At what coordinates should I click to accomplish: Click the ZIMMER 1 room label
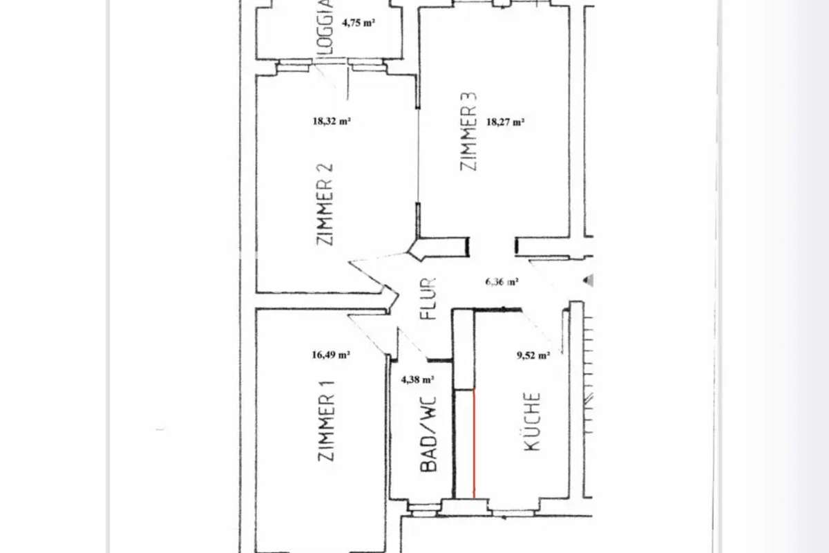click(x=326, y=420)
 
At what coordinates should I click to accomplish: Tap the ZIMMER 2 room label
click(x=325, y=205)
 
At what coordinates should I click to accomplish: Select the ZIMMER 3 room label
click(x=468, y=131)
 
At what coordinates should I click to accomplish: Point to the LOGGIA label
click(x=325, y=27)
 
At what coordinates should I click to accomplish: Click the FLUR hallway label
click(x=428, y=299)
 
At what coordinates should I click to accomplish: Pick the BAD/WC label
click(x=428, y=434)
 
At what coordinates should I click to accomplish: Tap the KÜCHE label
click(x=533, y=421)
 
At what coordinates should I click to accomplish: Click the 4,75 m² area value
click(x=359, y=23)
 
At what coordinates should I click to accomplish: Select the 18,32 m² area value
click(x=332, y=121)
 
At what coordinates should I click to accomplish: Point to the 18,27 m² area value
click(x=505, y=122)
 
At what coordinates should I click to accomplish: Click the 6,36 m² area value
click(x=502, y=282)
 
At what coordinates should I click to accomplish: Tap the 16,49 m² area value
click(x=331, y=355)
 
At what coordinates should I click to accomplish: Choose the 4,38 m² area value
click(x=417, y=379)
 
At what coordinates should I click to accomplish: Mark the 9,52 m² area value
click(x=533, y=355)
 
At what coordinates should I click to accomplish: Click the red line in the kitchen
click(x=474, y=443)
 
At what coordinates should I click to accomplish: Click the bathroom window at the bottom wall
click(x=424, y=510)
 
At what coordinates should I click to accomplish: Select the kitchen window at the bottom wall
click(x=513, y=513)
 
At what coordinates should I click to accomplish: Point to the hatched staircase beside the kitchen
click(x=588, y=374)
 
